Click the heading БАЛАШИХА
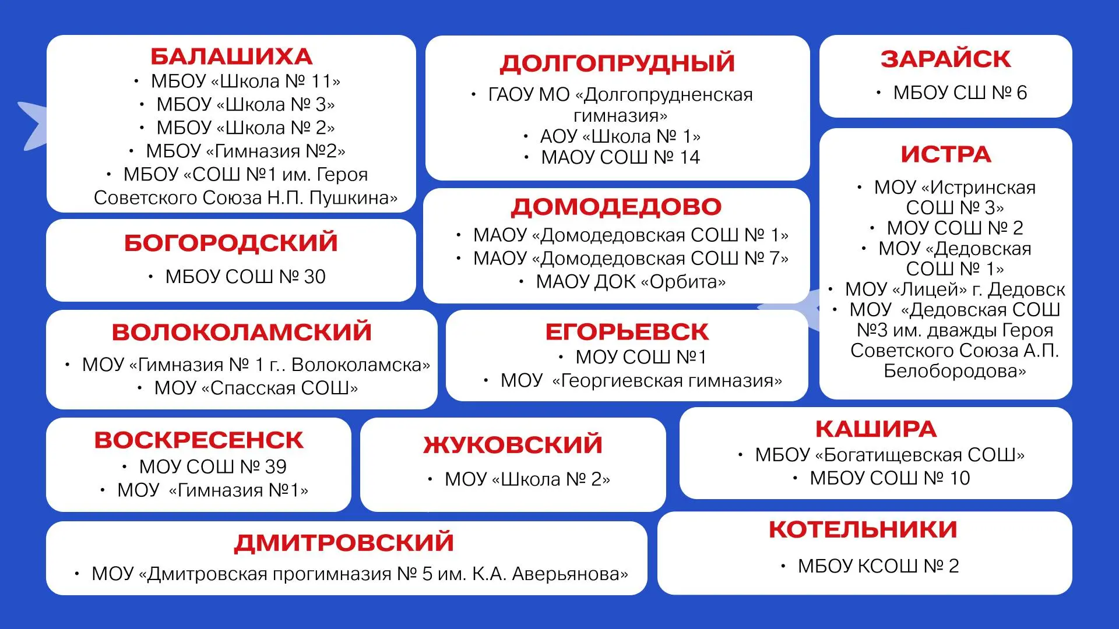pyautogui.click(x=231, y=56)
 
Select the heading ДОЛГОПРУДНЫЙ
pyautogui.click(x=617, y=63)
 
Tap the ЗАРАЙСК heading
pyautogui.click(x=945, y=59)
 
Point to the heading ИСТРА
pyautogui.click(x=945, y=154)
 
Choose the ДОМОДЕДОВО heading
pyautogui.click(x=616, y=207)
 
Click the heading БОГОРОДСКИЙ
pyautogui.click(x=231, y=243)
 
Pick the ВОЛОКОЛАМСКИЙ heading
pyautogui.click(x=242, y=332)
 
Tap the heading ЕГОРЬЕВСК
pyautogui.click(x=627, y=332)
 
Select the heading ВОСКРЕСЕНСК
pyautogui.click(x=199, y=440)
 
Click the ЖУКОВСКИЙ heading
pyautogui.click(x=513, y=444)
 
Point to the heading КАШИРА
pyautogui.click(x=875, y=429)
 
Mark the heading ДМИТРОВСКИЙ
pyautogui.click(x=344, y=543)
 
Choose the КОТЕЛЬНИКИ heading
pyautogui.click(x=863, y=529)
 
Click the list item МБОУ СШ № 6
pyautogui.click(x=960, y=93)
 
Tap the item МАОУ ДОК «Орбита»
pyautogui.click(x=631, y=282)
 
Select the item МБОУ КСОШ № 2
pyautogui.click(x=878, y=566)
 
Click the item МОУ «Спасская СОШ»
pyautogui.click(x=256, y=388)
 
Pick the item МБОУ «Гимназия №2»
pyautogui.click(x=245, y=151)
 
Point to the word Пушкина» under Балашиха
pyautogui.click(x=353, y=198)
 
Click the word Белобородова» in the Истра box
pyautogui.click(x=955, y=371)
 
